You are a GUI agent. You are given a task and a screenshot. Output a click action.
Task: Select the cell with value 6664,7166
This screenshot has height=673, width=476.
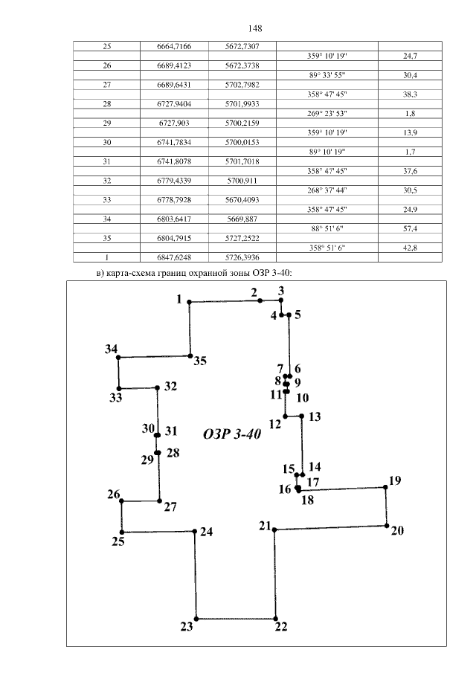(x=174, y=46)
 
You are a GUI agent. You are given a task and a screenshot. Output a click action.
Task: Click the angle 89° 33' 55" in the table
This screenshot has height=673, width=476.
(x=327, y=75)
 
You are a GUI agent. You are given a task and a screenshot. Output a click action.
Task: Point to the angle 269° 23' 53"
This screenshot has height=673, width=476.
(x=327, y=114)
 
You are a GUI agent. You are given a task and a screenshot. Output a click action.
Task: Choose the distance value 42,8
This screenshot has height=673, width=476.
(x=408, y=248)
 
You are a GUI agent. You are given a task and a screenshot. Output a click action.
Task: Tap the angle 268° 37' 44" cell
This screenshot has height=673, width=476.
(x=327, y=190)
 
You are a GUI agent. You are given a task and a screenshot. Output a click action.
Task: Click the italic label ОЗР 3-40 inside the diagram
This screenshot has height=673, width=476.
(x=231, y=435)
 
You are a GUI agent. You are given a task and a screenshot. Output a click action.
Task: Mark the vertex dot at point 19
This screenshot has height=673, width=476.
(x=385, y=486)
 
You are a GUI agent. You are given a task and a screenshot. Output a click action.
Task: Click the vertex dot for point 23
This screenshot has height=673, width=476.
(x=196, y=619)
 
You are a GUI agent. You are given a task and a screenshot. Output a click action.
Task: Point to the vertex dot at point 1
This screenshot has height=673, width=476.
(x=189, y=302)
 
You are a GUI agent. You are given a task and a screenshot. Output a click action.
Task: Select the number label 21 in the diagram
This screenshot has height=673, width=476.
(x=265, y=527)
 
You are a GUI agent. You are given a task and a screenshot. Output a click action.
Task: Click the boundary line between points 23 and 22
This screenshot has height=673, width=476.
(x=236, y=619)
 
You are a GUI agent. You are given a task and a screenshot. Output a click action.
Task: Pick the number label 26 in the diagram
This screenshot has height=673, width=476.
(x=113, y=495)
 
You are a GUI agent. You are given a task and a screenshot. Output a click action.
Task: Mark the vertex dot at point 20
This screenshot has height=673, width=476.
(x=387, y=525)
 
